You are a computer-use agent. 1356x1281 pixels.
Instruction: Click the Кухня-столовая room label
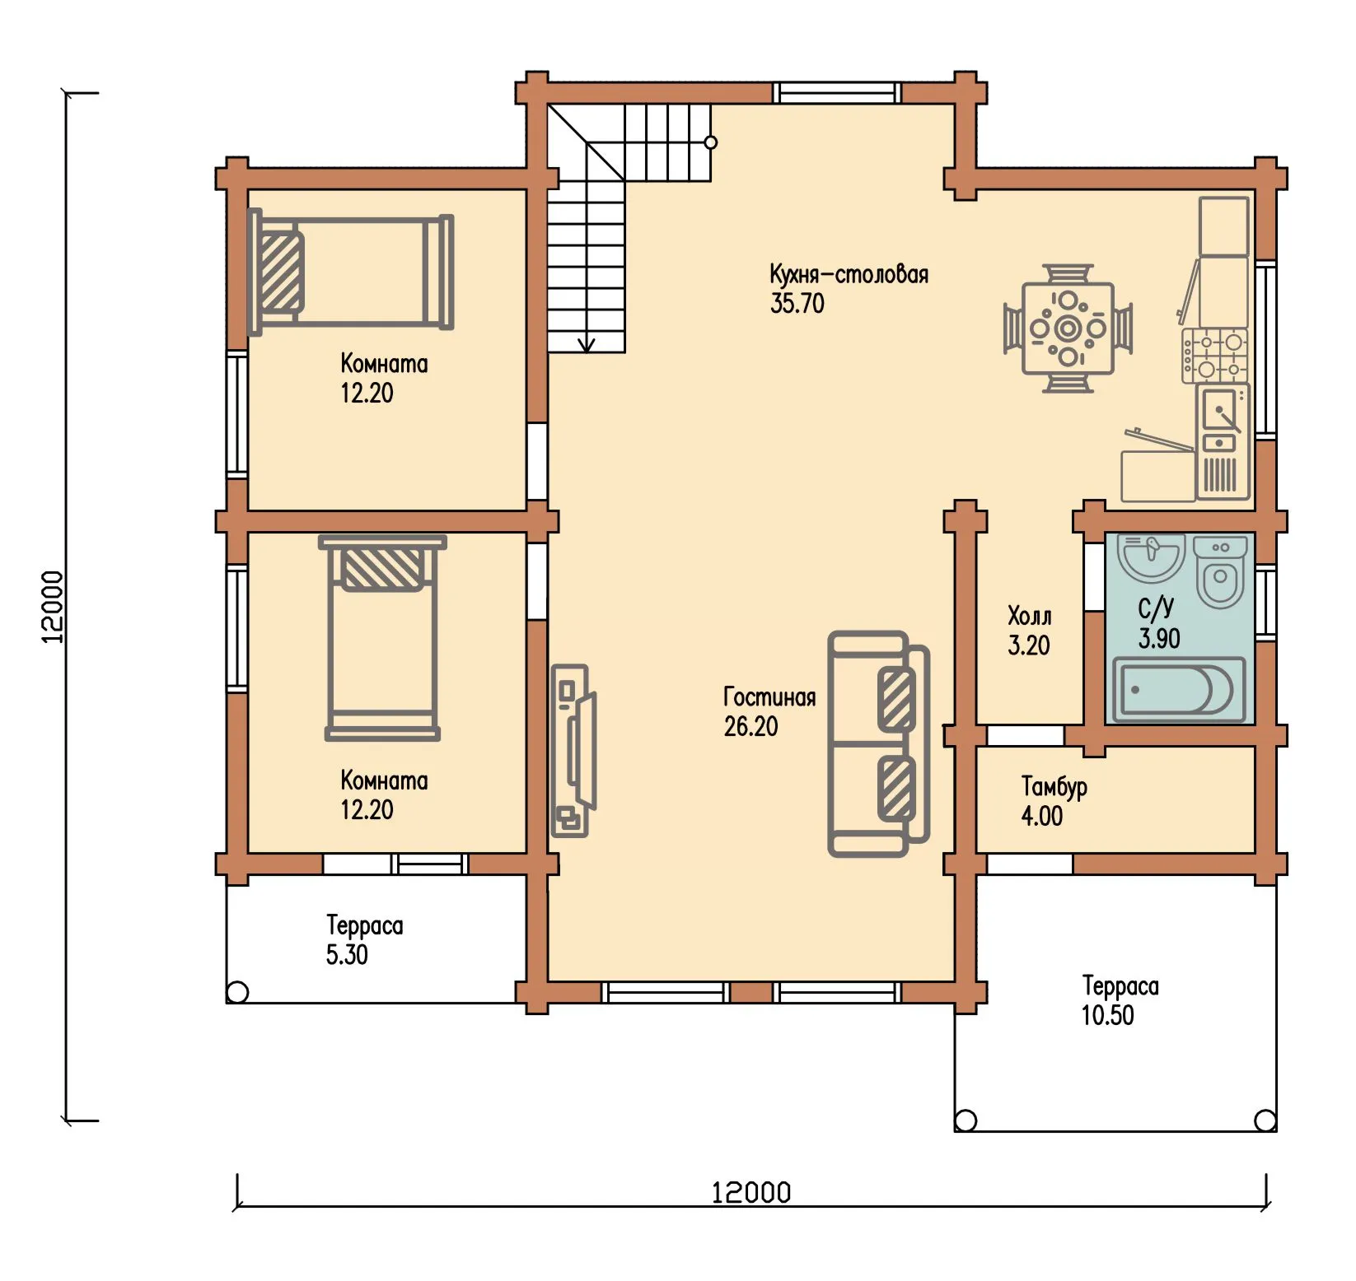(849, 274)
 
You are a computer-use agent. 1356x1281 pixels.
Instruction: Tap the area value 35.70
(797, 303)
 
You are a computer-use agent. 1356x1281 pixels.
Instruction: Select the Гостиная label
(769, 697)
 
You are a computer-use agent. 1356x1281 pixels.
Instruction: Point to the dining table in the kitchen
(1068, 328)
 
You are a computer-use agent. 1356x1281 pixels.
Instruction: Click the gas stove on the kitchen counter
(1215, 355)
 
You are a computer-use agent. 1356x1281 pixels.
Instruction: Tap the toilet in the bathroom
(1220, 572)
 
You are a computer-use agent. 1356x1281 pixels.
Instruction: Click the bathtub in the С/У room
(1178, 689)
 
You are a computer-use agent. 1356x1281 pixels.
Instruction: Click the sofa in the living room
(878, 744)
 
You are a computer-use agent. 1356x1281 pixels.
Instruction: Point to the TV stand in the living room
(572, 751)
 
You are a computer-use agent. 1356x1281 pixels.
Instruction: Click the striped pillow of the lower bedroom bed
(382, 568)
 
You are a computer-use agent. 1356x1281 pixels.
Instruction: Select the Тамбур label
(1054, 786)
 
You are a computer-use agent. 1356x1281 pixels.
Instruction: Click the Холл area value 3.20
(1029, 645)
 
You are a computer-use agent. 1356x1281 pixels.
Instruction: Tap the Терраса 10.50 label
(1120, 1000)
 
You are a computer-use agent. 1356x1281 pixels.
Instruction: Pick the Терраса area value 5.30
(347, 955)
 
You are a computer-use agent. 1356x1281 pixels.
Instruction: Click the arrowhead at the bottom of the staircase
(587, 345)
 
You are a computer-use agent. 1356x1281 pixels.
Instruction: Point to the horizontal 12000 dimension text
(751, 1192)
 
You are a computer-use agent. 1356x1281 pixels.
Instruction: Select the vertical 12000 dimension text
(52, 607)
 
